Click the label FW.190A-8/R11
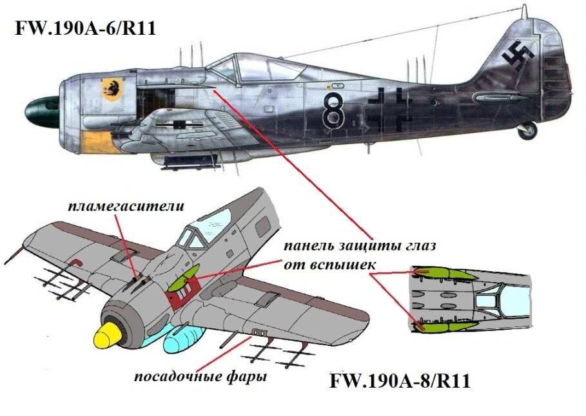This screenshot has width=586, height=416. [399, 381]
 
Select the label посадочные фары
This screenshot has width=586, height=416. [200, 376]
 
